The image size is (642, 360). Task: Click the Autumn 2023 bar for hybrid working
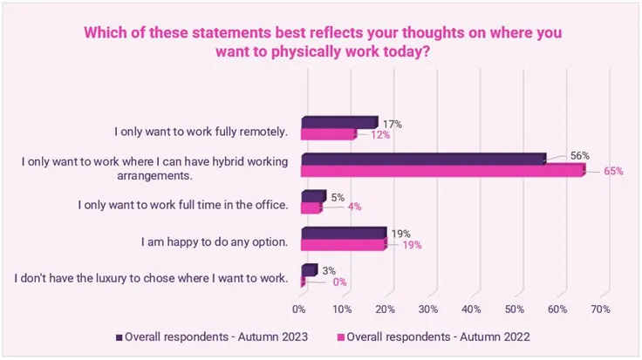coord(423,159)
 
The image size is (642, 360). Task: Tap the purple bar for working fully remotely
coord(338,122)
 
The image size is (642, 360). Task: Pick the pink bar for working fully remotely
coord(328,134)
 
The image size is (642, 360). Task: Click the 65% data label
coord(612,171)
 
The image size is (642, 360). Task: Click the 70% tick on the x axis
coord(599,309)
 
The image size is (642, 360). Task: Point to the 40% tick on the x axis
coord(471,309)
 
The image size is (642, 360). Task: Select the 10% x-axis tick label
coord(342,309)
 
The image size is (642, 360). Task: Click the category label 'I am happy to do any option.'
coord(214,240)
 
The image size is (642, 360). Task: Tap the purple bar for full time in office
coord(312,196)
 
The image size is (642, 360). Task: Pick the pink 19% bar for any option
coord(342,245)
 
